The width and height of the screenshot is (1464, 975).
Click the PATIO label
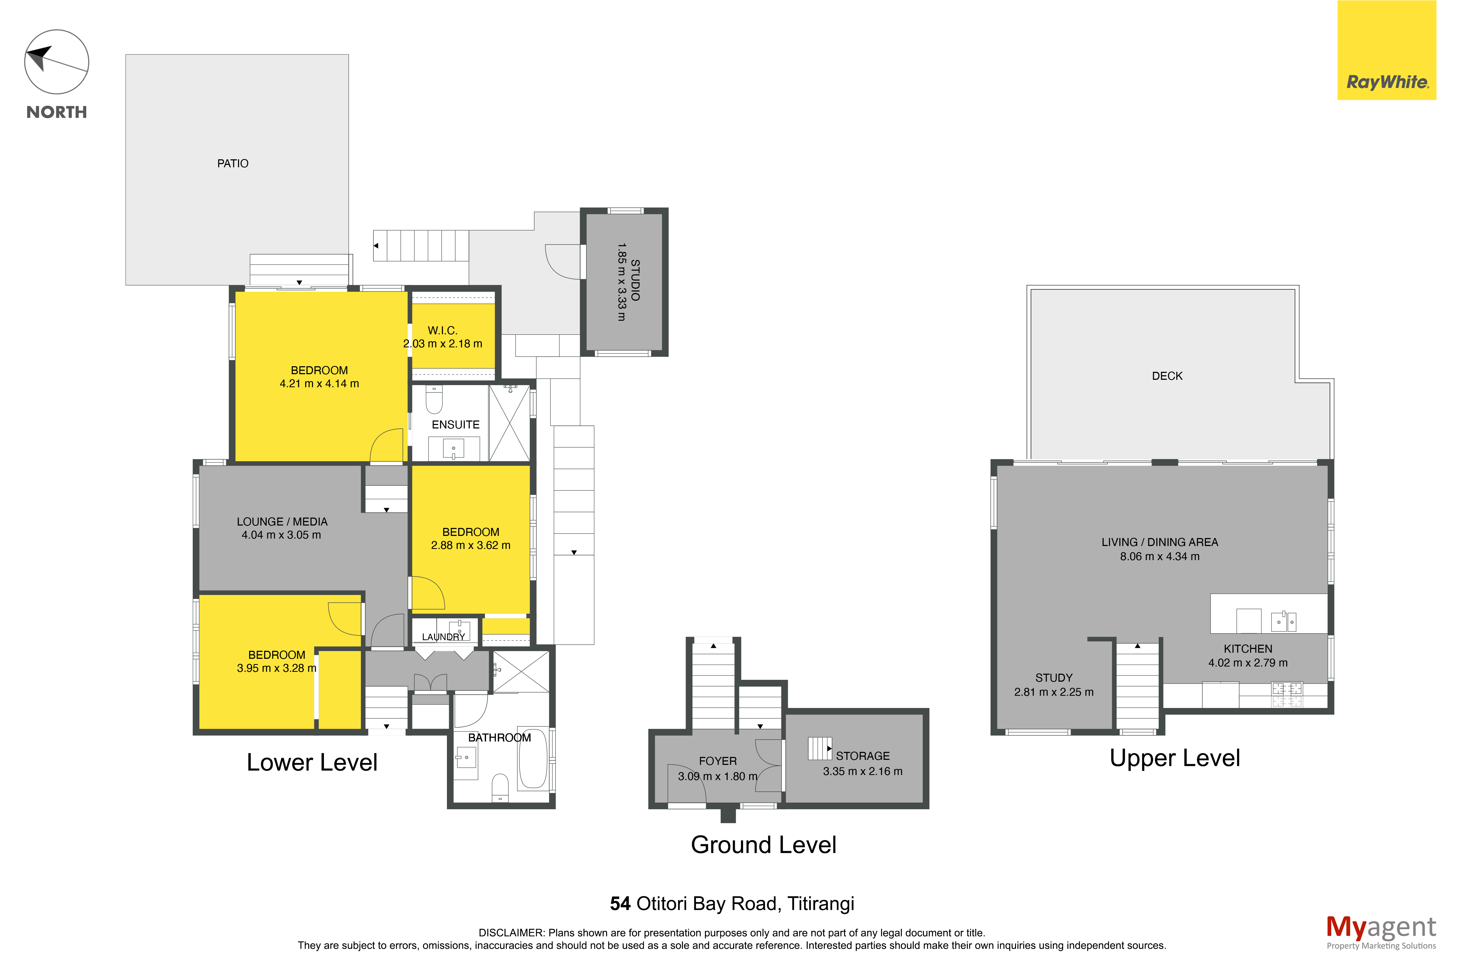233,164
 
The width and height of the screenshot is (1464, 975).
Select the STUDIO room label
635,280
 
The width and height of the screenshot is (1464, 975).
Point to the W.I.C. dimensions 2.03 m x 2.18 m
442,344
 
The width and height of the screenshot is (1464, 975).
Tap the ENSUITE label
455,425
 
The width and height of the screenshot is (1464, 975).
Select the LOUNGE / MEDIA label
282,522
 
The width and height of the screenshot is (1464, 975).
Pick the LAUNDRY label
444,637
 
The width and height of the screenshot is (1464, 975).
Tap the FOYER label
717,761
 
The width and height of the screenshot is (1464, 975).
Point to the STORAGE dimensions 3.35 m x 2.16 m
862,772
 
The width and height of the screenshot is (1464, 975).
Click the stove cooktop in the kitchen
1287,695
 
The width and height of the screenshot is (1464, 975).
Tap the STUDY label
1053,678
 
